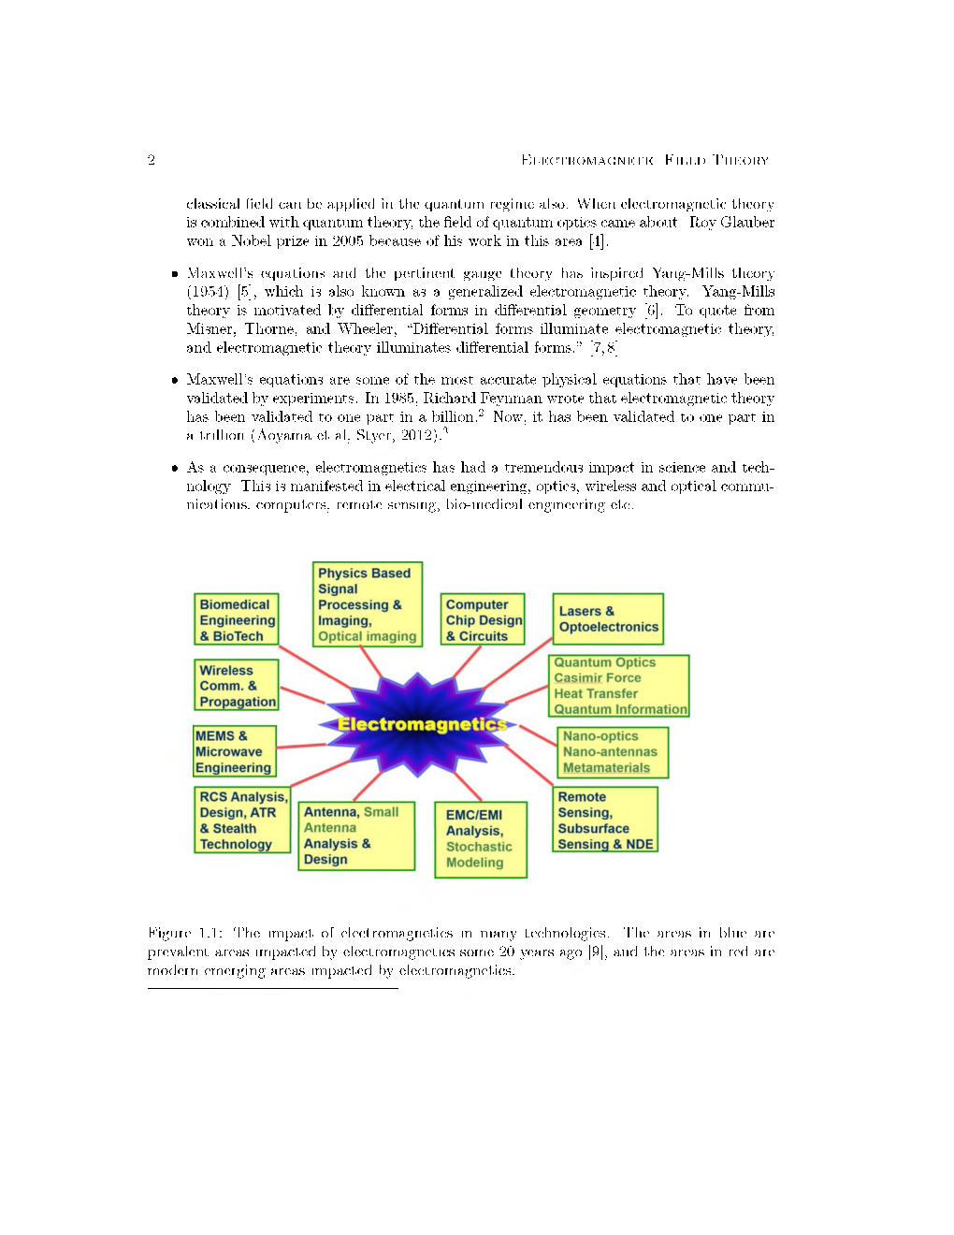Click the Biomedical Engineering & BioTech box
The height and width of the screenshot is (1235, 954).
238,620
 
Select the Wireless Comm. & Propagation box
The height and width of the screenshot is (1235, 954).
238,686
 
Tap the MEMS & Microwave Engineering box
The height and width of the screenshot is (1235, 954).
234,751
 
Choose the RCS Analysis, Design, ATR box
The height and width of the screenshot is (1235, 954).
242,820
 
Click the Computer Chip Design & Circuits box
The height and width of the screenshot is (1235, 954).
484,619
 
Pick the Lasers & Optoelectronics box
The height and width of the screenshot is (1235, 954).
608,619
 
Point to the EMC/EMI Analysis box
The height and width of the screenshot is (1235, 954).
480,838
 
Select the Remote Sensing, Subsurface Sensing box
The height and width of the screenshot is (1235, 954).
605,820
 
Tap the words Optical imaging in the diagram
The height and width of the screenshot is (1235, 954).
367,636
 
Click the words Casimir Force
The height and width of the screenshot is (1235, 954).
597,677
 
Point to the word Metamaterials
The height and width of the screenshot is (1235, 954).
606,767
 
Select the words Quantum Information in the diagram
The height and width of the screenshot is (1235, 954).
620,709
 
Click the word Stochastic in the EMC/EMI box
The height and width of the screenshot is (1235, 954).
479,847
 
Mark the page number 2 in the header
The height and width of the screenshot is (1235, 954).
151,160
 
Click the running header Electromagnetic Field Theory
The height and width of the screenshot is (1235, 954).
644,160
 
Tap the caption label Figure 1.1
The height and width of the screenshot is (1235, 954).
182,933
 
